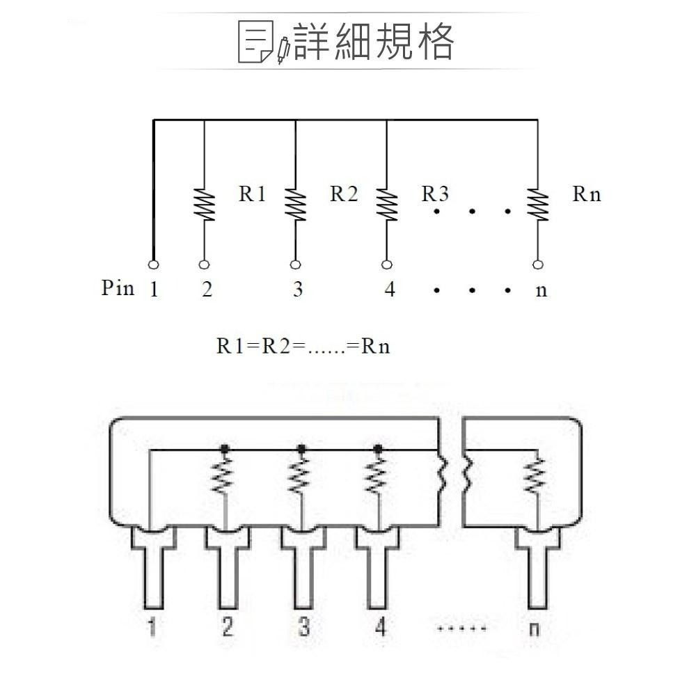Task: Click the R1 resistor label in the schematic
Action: pos(252,194)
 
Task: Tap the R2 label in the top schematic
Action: pos(344,194)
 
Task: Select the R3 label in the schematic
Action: pos(435,194)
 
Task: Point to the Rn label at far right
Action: pos(586,194)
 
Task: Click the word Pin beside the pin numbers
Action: pos(118,288)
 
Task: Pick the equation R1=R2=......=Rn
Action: pos(303,346)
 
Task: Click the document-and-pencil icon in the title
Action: pos(263,42)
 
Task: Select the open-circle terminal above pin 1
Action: pos(153,264)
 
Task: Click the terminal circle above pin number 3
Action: pos(295,264)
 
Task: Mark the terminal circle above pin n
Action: pos(537,264)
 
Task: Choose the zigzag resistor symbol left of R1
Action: pos(204,205)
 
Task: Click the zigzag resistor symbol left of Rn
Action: pos(537,205)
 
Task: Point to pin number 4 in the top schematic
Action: pos(389,290)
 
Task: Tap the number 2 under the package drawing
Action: pos(228,628)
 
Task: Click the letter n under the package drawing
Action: pos(535,629)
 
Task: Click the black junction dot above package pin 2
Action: pos(224,448)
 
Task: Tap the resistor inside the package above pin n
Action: pos(537,477)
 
